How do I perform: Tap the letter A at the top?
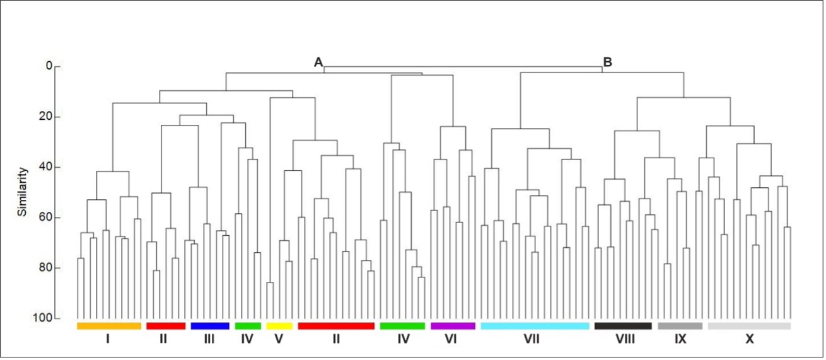tap(318, 62)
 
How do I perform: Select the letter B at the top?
tap(608, 62)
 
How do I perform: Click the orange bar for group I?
tap(109, 326)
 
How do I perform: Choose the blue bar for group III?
tap(210, 326)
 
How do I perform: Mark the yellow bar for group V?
tap(279, 326)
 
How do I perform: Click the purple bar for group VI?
tap(453, 326)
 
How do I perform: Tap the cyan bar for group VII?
tap(535, 326)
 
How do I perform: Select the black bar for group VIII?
tap(623, 326)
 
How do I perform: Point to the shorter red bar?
tap(166, 326)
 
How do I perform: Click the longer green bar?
tap(402, 326)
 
